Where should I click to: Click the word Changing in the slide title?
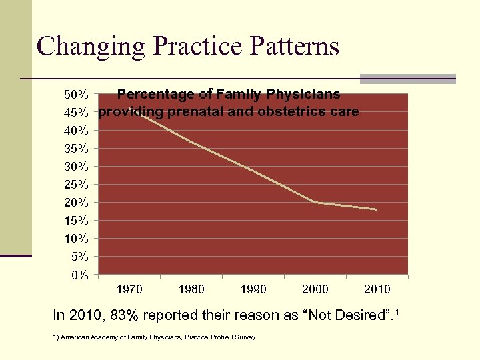[91, 47]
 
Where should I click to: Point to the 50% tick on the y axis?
[75, 94]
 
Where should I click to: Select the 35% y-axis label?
[75, 148]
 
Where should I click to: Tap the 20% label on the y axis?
[75, 202]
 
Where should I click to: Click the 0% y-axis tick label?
[79, 275]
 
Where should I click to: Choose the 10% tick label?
[75, 239]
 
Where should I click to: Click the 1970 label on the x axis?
[129, 289]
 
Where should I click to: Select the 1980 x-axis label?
[191, 289]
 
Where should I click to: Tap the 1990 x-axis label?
[253, 289]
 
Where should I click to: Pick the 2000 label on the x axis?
[315, 289]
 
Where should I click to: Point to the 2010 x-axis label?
[377, 289]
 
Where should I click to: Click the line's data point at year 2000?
[315, 202]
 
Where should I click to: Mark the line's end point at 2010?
[377, 209]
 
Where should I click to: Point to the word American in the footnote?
[73, 337]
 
